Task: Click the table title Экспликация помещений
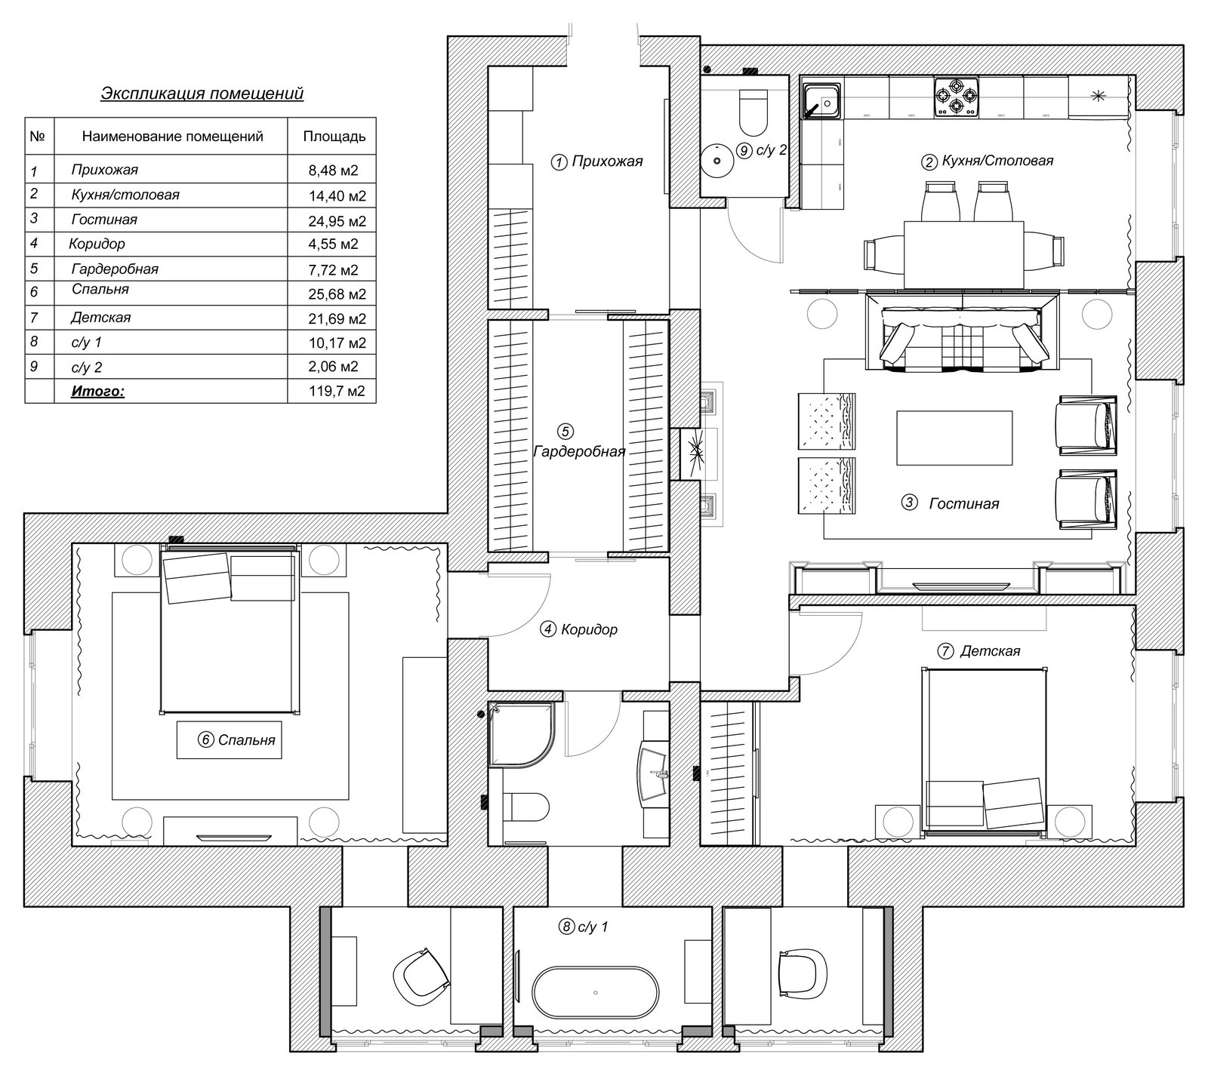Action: pos(202,94)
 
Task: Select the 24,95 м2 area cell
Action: pos(337,220)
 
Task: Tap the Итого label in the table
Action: pos(98,391)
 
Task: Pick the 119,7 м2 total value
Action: pos(337,391)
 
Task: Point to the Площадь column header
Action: pos(334,137)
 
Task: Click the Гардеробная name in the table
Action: pos(115,269)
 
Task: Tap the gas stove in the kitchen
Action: pos(957,97)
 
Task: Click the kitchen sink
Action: pos(821,103)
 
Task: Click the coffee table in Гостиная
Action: pos(954,438)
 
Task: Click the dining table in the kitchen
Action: pos(963,254)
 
